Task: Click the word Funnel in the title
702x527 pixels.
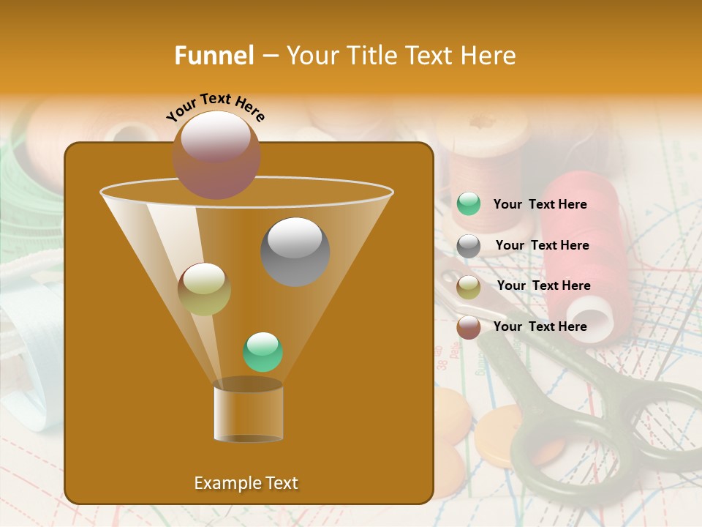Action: pyautogui.click(x=214, y=56)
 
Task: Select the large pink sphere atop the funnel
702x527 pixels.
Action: pyautogui.click(x=216, y=155)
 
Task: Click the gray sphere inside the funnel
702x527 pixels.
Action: pyautogui.click(x=295, y=252)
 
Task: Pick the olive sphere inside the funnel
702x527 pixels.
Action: pyautogui.click(x=205, y=289)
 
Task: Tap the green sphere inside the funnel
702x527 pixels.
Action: pyautogui.click(x=263, y=352)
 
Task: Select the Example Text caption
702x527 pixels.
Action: pyautogui.click(x=246, y=483)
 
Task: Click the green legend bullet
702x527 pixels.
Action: pyautogui.click(x=469, y=204)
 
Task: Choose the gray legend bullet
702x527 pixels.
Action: pyautogui.click(x=469, y=245)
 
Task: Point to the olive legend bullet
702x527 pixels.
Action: pyautogui.click(x=469, y=286)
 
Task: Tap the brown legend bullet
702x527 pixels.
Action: pyautogui.click(x=469, y=327)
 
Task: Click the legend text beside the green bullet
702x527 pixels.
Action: pyautogui.click(x=540, y=205)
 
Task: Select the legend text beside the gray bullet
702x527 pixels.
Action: pyautogui.click(x=542, y=246)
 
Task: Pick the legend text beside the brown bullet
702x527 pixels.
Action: pyautogui.click(x=540, y=326)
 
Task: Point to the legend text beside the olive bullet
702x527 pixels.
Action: pyautogui.click(x=543, y=285)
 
